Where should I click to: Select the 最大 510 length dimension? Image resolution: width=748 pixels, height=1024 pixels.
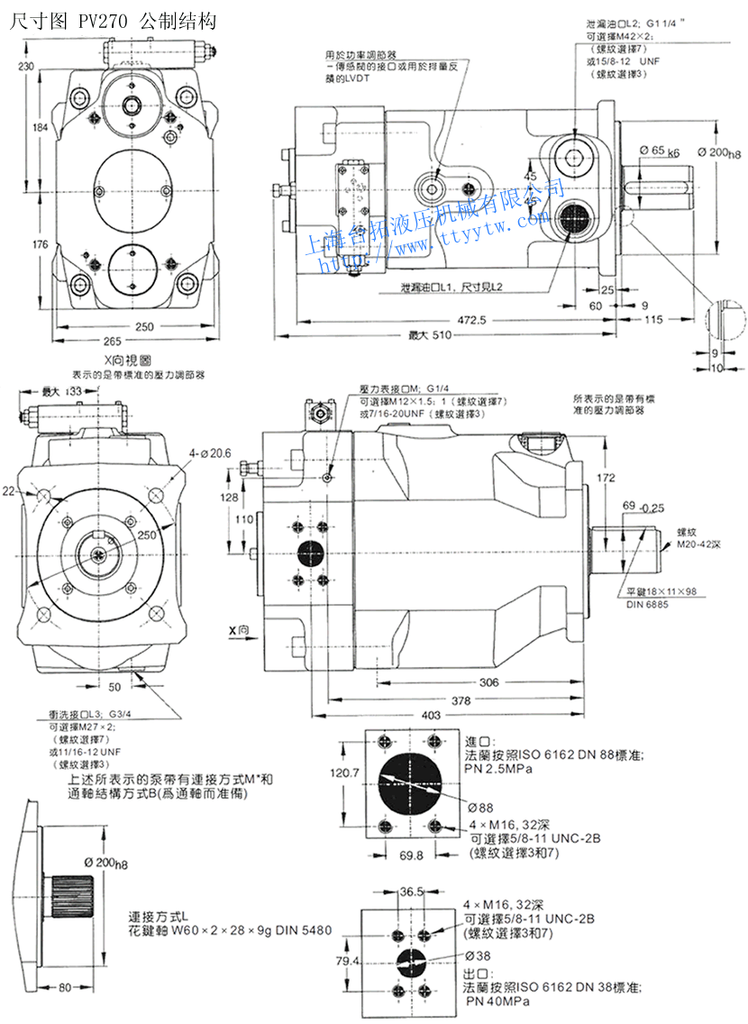[429, 335]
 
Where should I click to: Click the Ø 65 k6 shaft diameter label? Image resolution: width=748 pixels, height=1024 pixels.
[660, 150]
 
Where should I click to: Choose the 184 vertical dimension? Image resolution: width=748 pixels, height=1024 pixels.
[39, 128]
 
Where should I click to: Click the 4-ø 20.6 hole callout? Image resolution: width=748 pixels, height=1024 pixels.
[210, 452]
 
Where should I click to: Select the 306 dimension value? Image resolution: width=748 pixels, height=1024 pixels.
[488, 682]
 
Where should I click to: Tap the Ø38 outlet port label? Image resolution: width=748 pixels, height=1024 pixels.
[478, 955]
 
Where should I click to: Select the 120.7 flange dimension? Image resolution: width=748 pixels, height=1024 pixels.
[345, 773]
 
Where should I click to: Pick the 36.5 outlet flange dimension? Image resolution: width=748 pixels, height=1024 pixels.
[411, 891]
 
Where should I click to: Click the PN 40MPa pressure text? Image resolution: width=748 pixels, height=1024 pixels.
[497, 1001]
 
